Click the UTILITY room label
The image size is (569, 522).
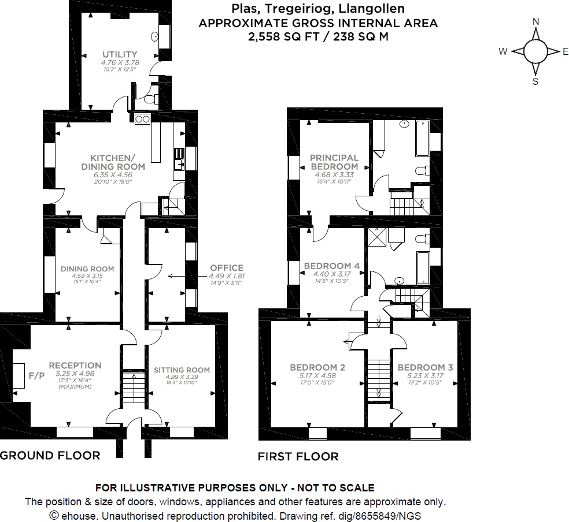tap(119, 54)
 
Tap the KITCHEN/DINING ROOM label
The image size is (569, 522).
tap(117, 162)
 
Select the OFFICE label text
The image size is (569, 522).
tap(227, 268)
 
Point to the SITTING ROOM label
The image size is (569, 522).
tap(182, 370)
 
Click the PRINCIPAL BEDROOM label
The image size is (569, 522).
tap(334, 162)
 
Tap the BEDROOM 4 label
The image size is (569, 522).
tap(332, 266)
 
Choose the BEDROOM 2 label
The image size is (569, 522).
tap(317, 367)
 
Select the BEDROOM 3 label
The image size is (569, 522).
tap(425, 367)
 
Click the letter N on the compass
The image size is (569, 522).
tap(535, 22)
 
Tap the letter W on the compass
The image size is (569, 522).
tap(503, 51)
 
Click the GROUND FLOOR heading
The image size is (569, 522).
tap(50, 455)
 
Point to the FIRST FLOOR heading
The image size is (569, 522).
tap(298, 457)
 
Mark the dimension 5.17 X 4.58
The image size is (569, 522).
tap(317, 375)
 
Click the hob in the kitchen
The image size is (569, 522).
tap(142, 120)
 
